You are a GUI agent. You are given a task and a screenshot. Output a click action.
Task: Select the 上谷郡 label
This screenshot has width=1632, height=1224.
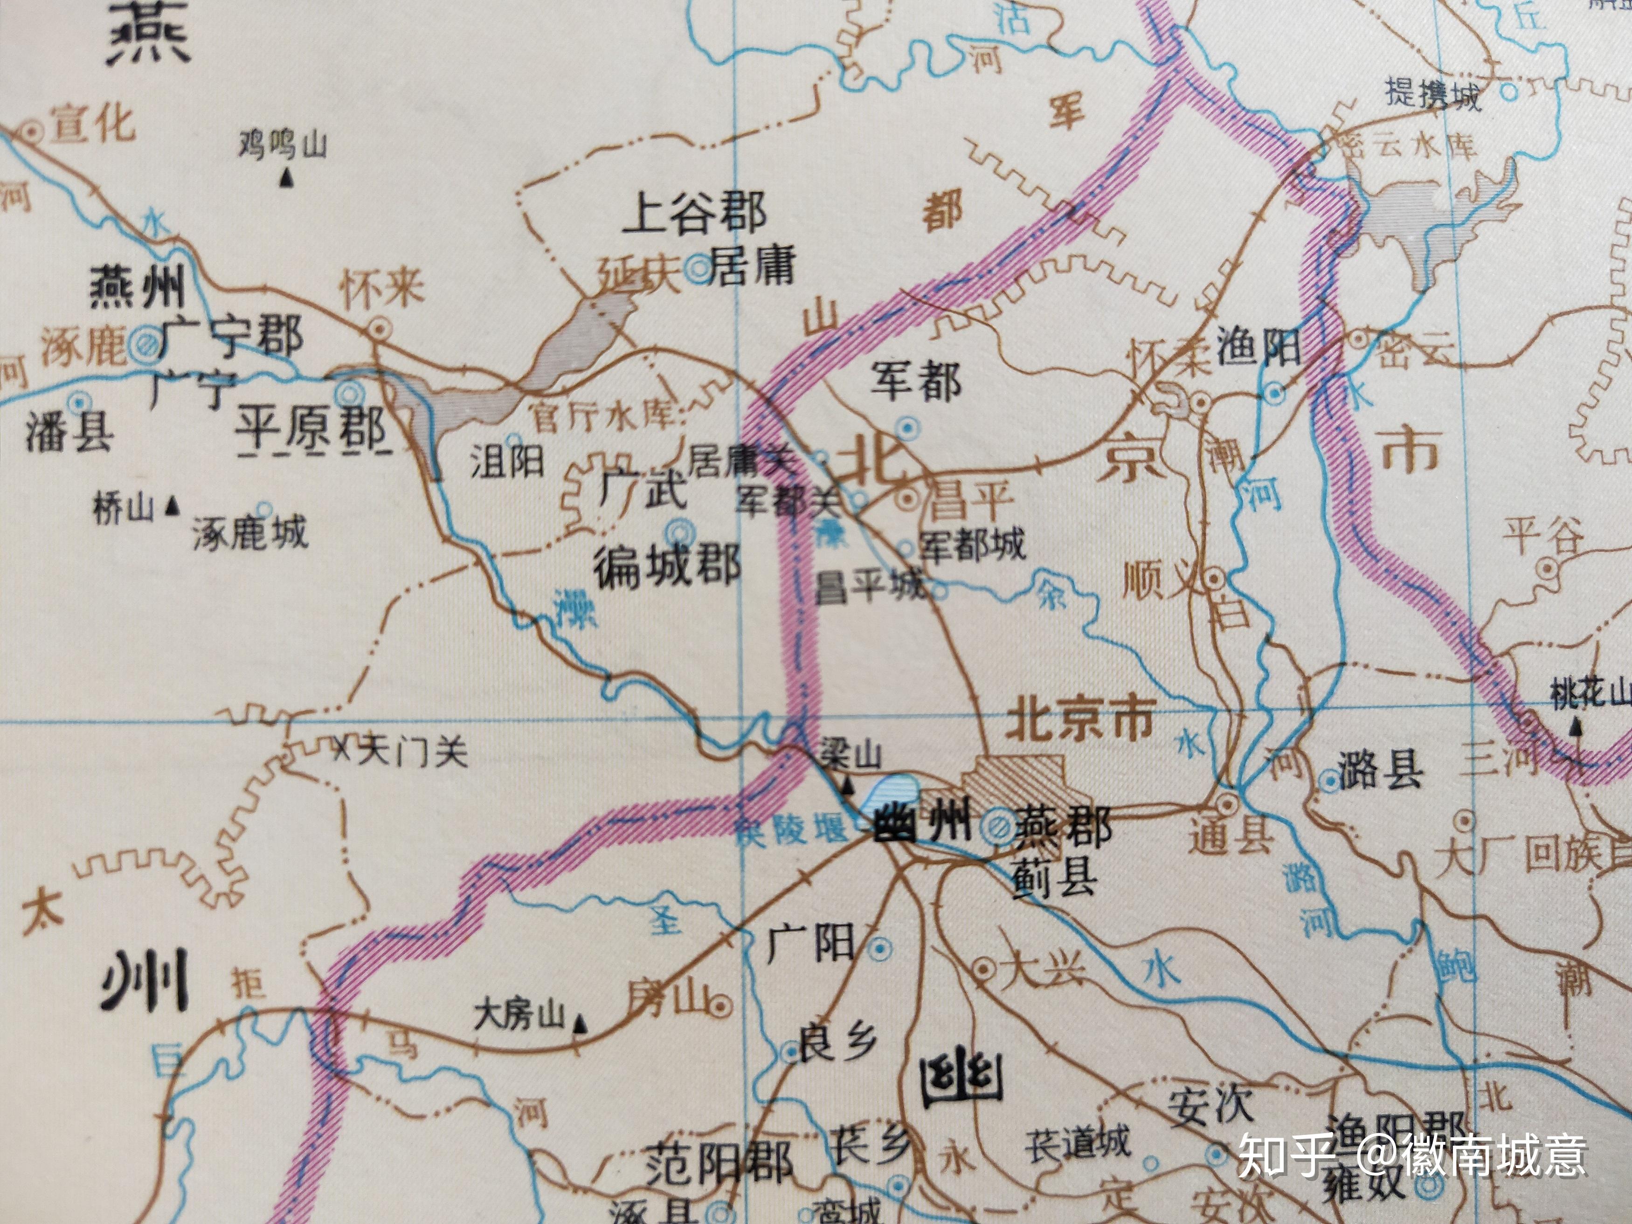695,213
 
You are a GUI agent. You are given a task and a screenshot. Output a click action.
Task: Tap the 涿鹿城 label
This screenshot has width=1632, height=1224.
249,532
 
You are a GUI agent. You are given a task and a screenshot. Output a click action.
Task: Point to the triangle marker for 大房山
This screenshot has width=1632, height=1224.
581,1023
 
